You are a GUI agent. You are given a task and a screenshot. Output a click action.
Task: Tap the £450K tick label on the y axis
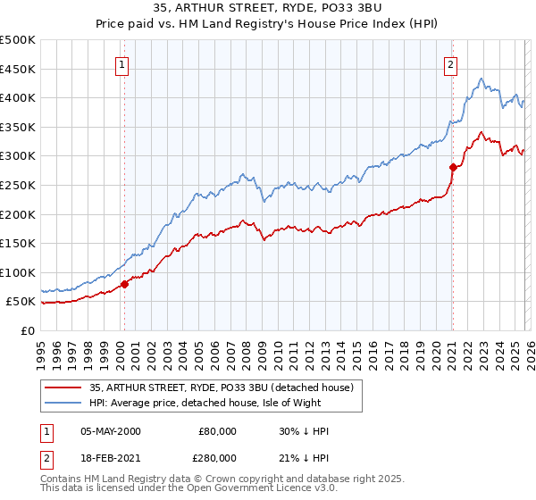(x=18, y=69)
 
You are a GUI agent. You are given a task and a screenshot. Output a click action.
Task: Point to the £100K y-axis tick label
(x=18, y=272)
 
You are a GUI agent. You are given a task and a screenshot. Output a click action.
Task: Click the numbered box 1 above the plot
(x=121, y=63)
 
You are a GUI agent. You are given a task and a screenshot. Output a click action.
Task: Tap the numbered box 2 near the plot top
(x=451, y=63)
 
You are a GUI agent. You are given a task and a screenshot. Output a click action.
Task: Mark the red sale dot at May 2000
(x=124, y=284)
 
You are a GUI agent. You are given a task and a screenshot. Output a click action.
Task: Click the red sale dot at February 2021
(x=453, y=167)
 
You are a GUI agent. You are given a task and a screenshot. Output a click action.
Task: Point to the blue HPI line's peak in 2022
(x=481, y=79)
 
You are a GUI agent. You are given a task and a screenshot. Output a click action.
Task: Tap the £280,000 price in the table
(x=217, y=457)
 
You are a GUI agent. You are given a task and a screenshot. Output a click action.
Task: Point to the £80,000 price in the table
(x=217, y=431)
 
